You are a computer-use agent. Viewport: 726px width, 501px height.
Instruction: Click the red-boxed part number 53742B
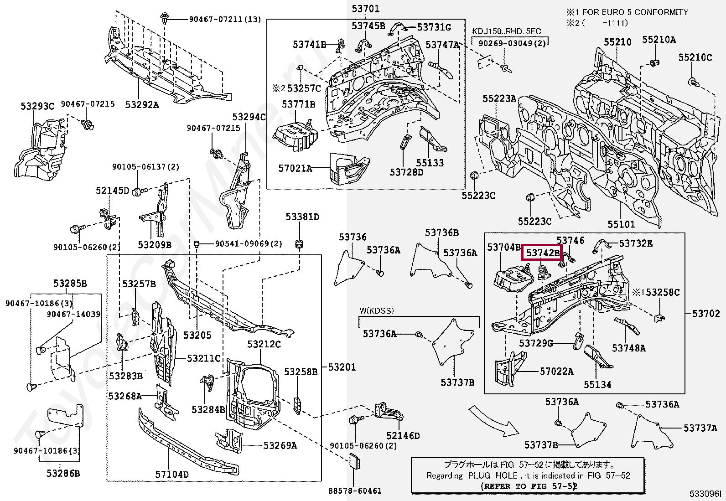tap(542, 253)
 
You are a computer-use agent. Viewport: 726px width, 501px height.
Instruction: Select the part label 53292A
tap(142, 105)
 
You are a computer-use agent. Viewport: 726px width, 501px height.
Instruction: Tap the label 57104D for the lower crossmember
tap(172, 474)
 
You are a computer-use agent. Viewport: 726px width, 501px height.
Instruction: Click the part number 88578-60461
tap(355, 491)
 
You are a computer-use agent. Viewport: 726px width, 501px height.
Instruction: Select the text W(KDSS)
tap(376, 311)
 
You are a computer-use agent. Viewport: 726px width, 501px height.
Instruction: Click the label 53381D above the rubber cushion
tap(302, 217)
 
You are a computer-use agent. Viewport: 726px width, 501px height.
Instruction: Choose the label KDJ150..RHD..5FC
tap(506, 31)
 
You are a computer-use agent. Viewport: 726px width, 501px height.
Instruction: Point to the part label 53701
tap(365, 9)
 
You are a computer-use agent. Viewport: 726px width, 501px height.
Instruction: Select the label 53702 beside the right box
tap(706, 313)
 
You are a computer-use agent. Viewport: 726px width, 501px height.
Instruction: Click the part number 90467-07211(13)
tap(225, 19)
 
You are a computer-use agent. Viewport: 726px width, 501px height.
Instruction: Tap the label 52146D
tap(403, 435)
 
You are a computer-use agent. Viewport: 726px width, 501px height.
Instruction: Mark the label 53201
tap(342, 367)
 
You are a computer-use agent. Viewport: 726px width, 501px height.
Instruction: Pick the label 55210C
tap(695, 57)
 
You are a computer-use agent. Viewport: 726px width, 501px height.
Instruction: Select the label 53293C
tap(37, 107)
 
